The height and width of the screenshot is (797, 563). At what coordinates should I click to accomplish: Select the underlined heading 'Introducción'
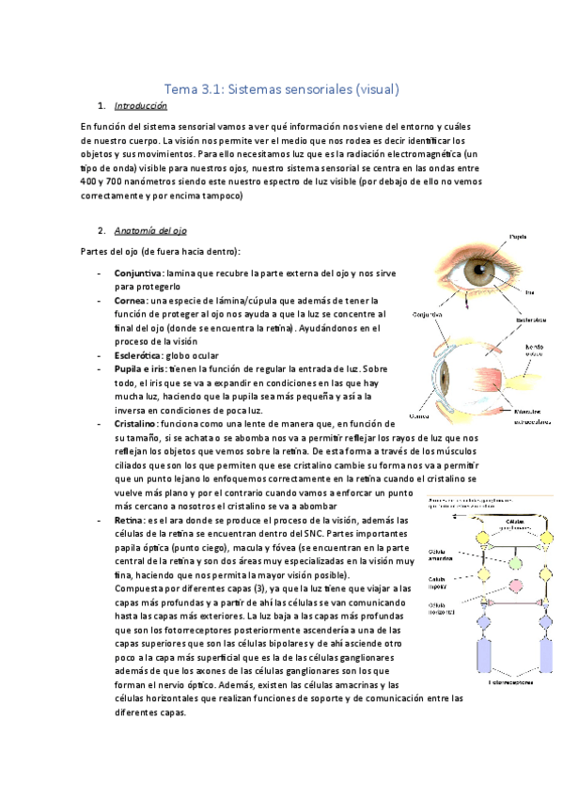pyautogui.click(x=140, y=106)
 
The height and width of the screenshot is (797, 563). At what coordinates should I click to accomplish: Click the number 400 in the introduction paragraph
pyautogui.click(x=92, y=180)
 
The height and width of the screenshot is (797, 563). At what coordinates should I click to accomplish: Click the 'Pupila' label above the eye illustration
pyautogui.click(x=519, y=235)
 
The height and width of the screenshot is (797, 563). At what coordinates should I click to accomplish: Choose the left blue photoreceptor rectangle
pyautogui.click(x=485, y=658)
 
